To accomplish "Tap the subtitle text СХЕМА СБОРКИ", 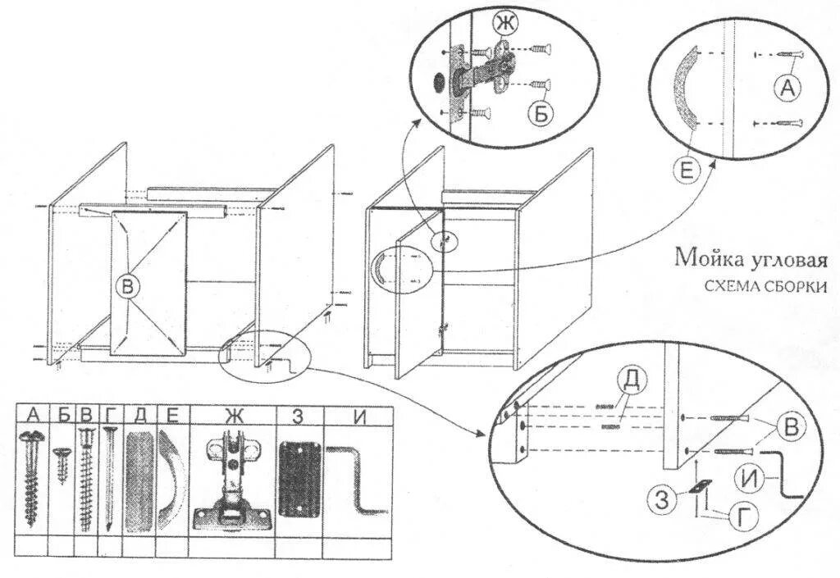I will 764,286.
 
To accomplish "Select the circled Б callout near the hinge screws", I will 540,114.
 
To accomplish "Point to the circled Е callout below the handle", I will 687,171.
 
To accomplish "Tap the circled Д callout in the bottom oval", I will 632,380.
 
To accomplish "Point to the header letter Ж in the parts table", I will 234,415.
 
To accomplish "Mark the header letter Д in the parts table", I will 139,415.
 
